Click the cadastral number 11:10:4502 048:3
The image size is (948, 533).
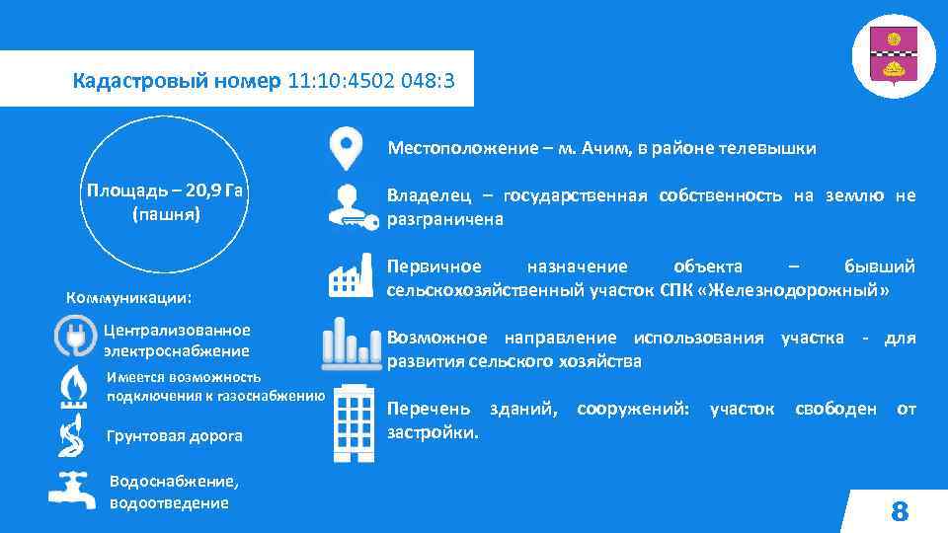pyautogui.click(x=371, y=80)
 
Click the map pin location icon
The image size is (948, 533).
pyautogui.click(x=345, y=149)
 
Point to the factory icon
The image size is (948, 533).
pyautogui.click(x=345, y=275)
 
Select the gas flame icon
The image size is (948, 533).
pyautogui.click(x=73, y=387)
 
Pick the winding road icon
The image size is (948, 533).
pyautogui.click(x=73, y=435)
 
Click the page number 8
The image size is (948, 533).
pyautogui.click(x=899, y=511)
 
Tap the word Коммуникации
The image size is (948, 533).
pyautogui.click(x=127, y=298)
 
